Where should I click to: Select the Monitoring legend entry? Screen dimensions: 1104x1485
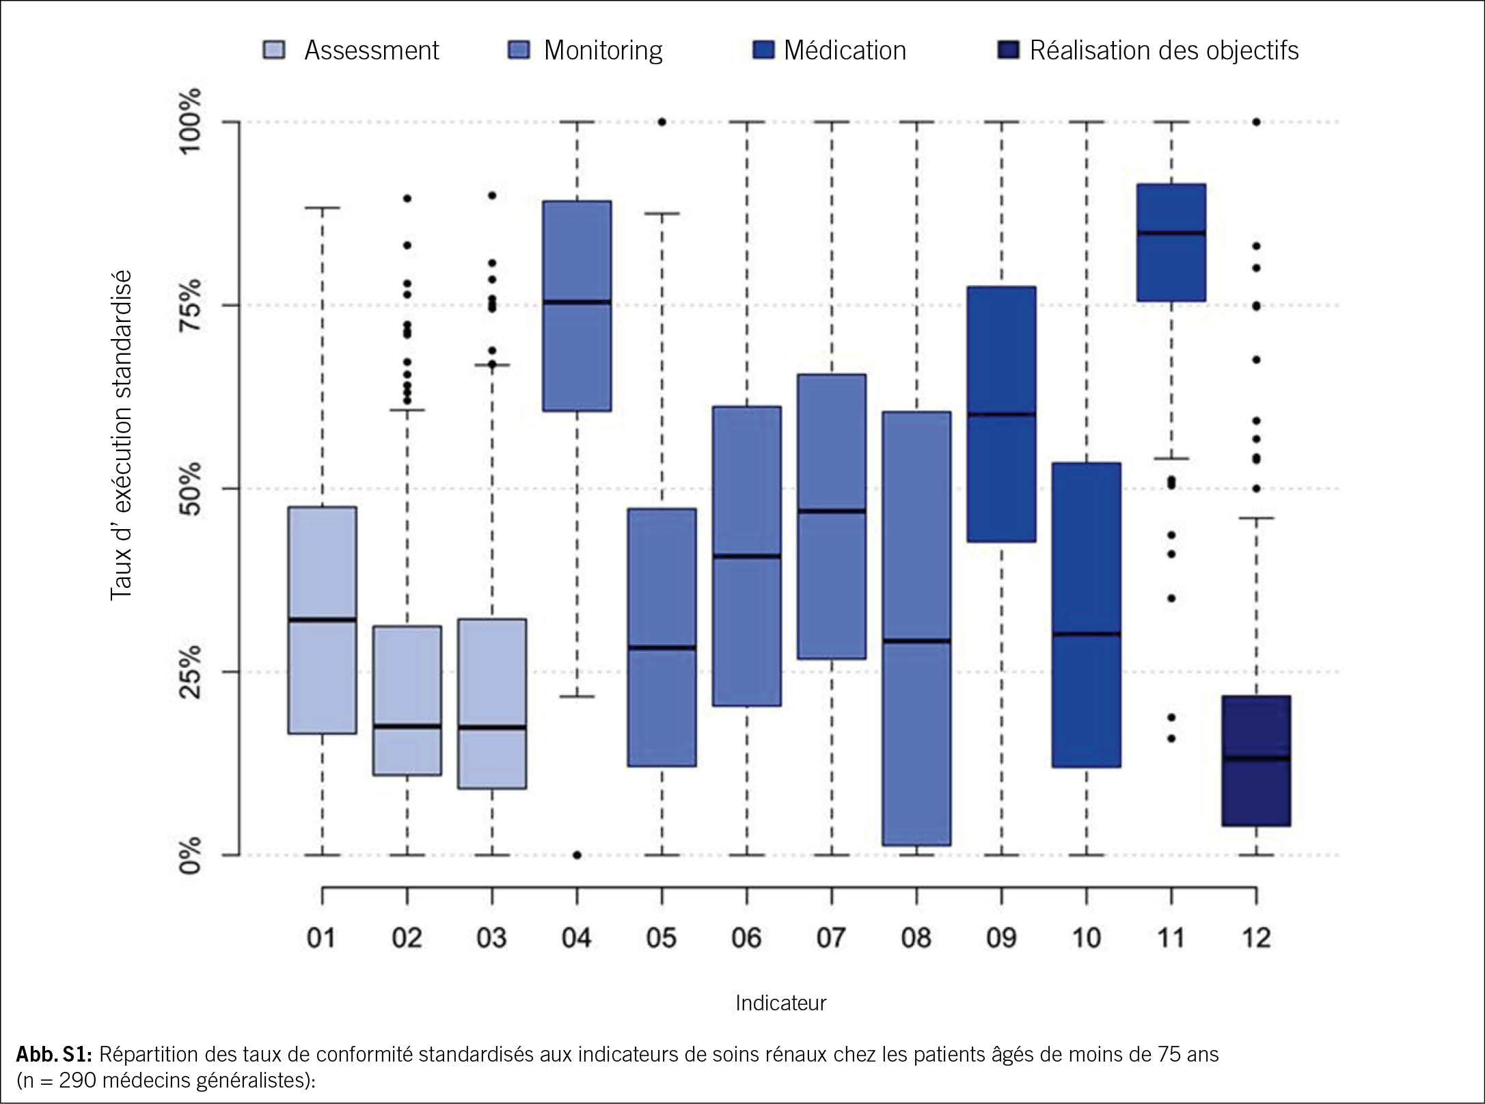click(586, 51)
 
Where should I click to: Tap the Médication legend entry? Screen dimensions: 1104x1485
click(829, 51)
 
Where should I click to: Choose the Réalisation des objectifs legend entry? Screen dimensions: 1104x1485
click(1148, 51)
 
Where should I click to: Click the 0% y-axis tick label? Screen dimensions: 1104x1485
click(191, 854)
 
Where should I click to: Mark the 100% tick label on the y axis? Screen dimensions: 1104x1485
click(191, 122)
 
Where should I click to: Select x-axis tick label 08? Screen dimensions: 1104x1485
click(916, 938)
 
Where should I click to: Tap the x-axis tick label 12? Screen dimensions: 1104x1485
click(1255, 938)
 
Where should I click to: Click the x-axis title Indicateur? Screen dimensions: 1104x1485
click(780, 1003)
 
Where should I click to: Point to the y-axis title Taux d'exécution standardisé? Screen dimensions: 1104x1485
click(121, 435)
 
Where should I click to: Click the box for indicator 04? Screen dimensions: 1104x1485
click(577, 355)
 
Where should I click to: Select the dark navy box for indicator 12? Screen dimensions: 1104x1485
click(1256, 793)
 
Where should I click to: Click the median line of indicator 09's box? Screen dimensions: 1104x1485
click(1001, 414)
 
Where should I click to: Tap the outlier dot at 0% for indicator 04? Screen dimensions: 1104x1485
click(577, 854)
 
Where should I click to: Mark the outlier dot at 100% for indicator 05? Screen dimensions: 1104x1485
click(662, 122)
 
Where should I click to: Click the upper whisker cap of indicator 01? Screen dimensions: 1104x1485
click(322, 207)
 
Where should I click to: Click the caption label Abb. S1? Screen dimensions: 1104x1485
click(53, 1055)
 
